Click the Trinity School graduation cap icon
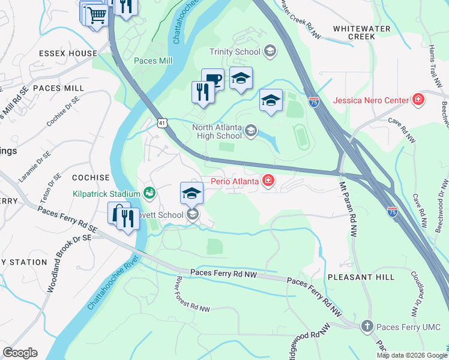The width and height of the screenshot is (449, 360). click(270, 52)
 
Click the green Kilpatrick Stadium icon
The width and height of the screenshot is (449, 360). click(148, 193)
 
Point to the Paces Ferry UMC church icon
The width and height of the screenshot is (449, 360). click(367, 326)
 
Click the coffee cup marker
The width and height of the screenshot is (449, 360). click(212, 79)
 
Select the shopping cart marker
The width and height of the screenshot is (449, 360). click(97, 15)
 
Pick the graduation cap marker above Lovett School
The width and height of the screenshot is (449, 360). click(191, 193)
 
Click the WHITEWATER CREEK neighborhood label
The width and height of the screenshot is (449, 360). click(354, 32)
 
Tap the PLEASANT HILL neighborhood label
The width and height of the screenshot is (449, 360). click(361, 277)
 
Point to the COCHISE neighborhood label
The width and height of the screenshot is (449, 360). click(91, 178)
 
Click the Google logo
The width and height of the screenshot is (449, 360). click(20, 353)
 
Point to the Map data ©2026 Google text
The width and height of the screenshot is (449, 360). click(411, 355)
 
